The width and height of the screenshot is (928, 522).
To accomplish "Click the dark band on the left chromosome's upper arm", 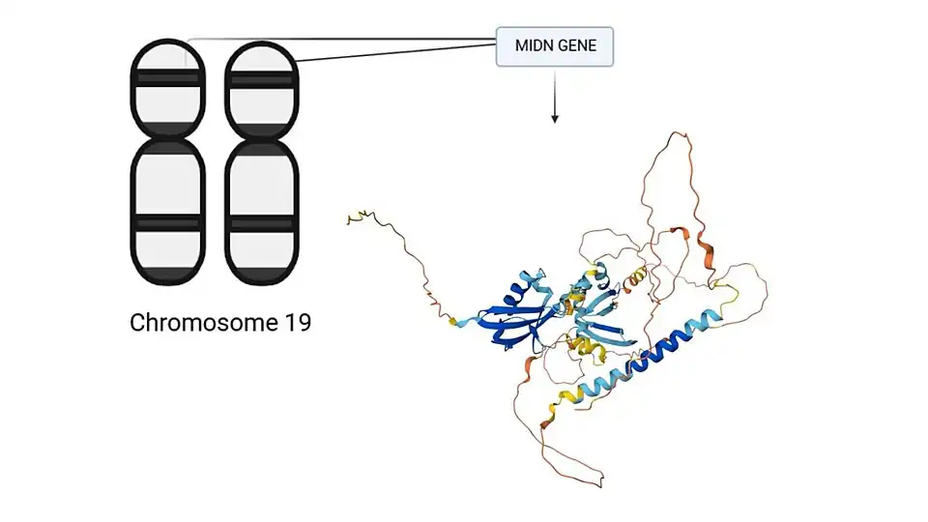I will [x=167, y=77].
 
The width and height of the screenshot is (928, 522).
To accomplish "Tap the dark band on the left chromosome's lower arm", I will [x=167, y=223].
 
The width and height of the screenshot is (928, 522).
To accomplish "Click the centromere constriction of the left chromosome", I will [x=167, y=135].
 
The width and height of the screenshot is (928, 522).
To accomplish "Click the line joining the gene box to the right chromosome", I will [x=396, y=50].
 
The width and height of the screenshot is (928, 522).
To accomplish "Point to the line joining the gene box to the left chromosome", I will [x=338, y=40].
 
